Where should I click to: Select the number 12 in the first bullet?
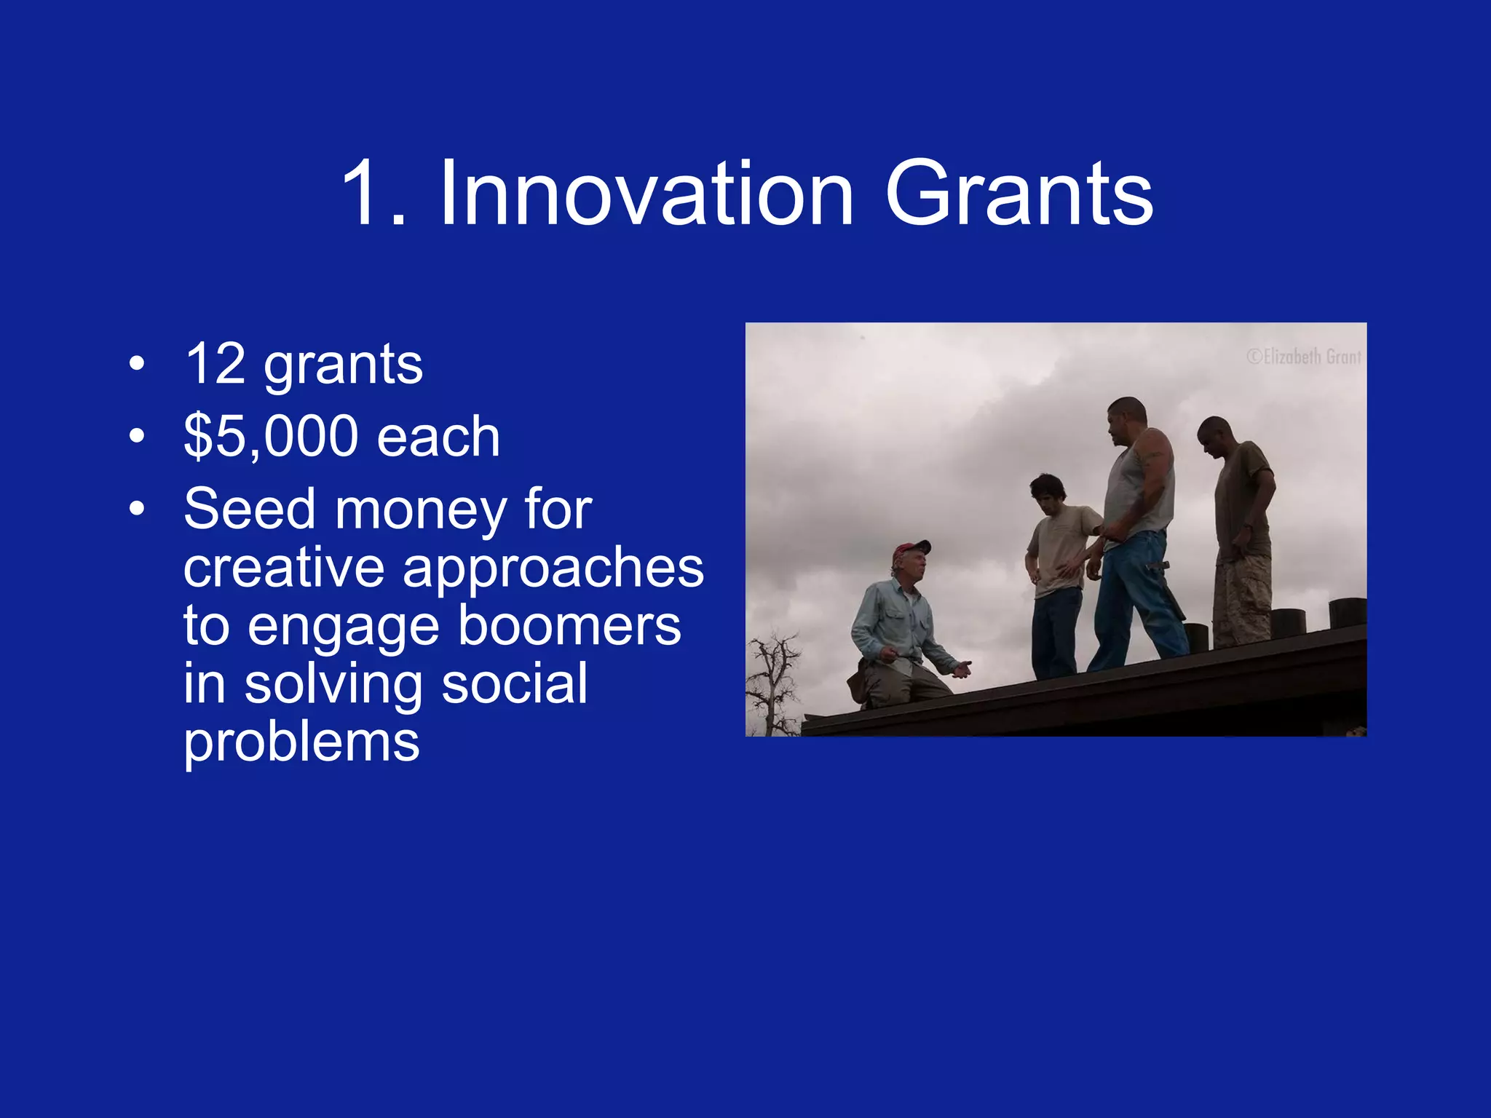point(215,364)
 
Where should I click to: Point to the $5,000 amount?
point(271,437)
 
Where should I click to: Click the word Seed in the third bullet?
point(248,509)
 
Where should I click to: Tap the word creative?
point(284,568)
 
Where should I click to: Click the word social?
point(514,684)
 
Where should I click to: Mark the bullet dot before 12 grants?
point(136,364)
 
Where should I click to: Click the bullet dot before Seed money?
point(136,509)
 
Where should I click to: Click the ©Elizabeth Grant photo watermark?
point(1303,357)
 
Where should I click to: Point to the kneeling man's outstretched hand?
point(962,668)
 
